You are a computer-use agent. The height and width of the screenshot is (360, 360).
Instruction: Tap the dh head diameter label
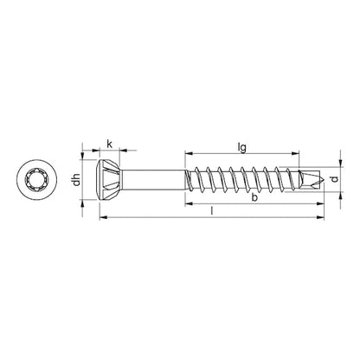click(76, 181)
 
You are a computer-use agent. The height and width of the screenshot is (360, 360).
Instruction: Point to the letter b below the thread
click(252, 199)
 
